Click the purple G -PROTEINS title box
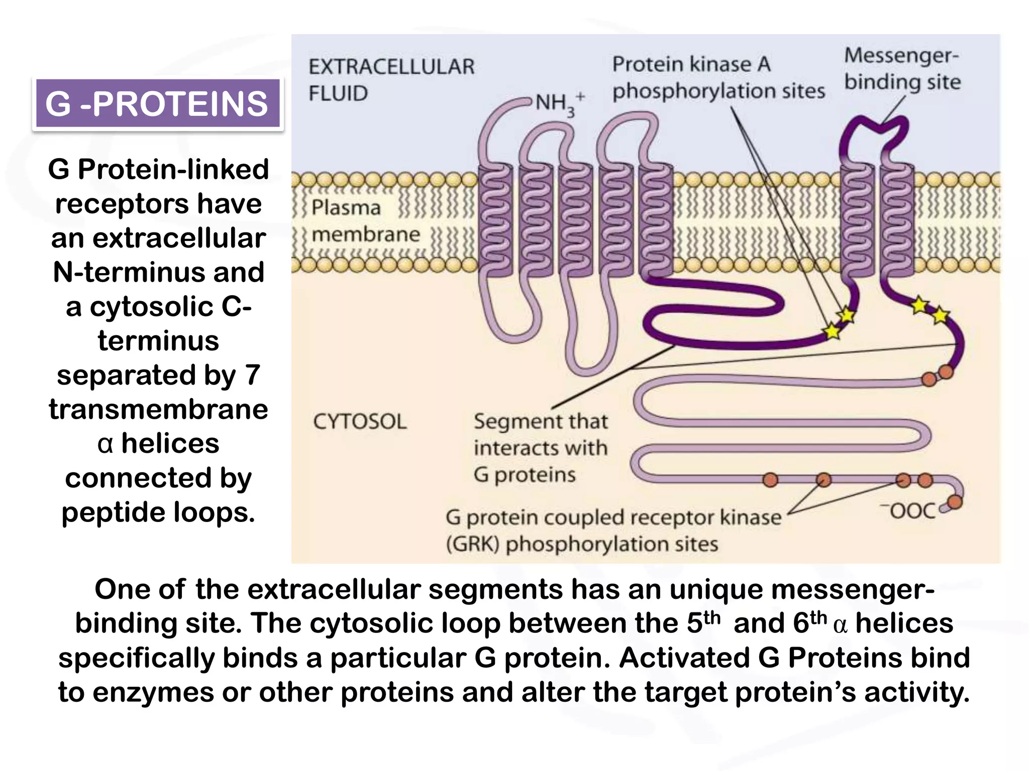point(157,103)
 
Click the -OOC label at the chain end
point(908,511)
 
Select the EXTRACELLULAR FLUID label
point(391,80)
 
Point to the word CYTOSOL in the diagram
point(360,422)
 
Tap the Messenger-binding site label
point(902,69)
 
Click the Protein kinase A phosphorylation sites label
point(717,78)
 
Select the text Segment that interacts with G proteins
point(540,448)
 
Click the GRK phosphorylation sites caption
point(613,531)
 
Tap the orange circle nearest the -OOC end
point(954,501)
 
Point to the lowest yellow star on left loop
point(832,331)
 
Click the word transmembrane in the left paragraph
point(158,409)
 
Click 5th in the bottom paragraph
point(703,623)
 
